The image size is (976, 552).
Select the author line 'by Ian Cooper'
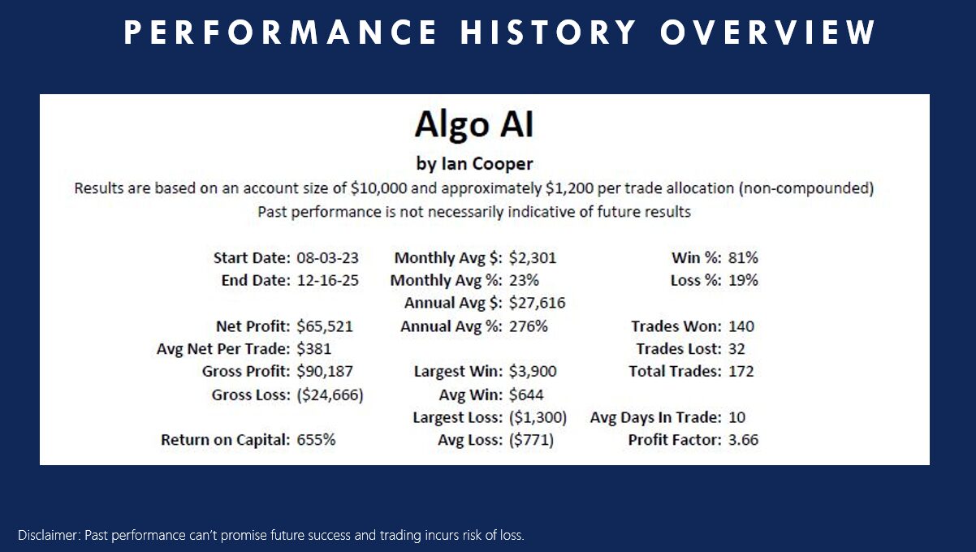coord(474,163)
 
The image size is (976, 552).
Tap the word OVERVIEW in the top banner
coord(768,32)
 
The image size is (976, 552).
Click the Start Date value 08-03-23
coord(328,258)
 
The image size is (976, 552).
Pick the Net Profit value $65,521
coord(325,326)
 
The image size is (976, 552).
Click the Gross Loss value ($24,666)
coord(329,395)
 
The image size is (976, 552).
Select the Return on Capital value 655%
coord(316,440)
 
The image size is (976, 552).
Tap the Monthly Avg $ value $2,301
coord(533,258)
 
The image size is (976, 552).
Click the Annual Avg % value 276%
coord(529,326)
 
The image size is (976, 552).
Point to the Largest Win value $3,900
coord(533,372)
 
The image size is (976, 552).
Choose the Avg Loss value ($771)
coord(531,440)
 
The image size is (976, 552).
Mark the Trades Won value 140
coord(741,326)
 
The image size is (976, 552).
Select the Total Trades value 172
coord(741,372)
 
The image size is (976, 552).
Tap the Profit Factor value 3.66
coord(744,440)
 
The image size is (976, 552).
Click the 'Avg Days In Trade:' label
coord(655,417)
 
